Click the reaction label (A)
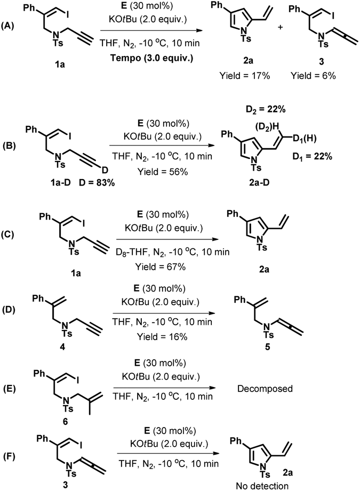tap(7, 26)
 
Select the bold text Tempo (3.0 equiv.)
tap(151, 58)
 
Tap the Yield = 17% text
tap(245, 76)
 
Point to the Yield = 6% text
tap(313, 76)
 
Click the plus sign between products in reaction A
tap(280, 27)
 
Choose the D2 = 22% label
tap(266, 109)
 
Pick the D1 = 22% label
tap(312, 156)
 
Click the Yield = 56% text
tap(163, 171)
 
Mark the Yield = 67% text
tap(161, 267)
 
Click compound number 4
tap(62, 347)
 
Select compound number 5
tap(267, 347)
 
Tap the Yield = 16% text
tap(162, 336)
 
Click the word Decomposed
tap(265, 389)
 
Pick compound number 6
tap(65, 422)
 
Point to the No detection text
tap(262, 486)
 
